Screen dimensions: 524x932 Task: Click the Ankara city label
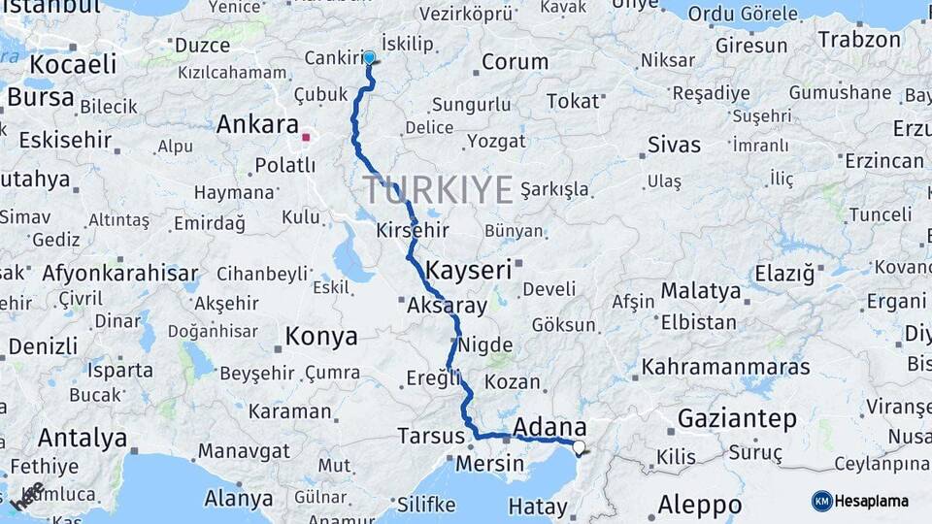[257, 125]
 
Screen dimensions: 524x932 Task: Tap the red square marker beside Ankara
[306, 138]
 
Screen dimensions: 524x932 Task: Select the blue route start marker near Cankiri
[369, 57]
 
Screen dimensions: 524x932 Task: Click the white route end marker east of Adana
[580, 447]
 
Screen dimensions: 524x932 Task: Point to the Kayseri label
[469, 270]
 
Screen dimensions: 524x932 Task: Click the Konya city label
[321, 337]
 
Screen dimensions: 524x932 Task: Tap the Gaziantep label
[738, 419]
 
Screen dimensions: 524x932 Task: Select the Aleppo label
[699, 505]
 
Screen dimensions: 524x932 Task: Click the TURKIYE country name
[439, 190]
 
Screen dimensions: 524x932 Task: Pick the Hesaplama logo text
[872, 502]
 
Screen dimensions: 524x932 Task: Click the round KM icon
[821, 501]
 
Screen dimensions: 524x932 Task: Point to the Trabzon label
[860, 40]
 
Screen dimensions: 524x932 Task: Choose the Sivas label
[674, 146]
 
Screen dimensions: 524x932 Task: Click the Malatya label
[701, 290]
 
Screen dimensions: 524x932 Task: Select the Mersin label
[496, 464]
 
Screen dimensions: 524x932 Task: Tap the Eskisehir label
[65, 140]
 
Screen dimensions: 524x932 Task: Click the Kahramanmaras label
[725, 368]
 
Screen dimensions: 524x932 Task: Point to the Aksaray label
[448, 305]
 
